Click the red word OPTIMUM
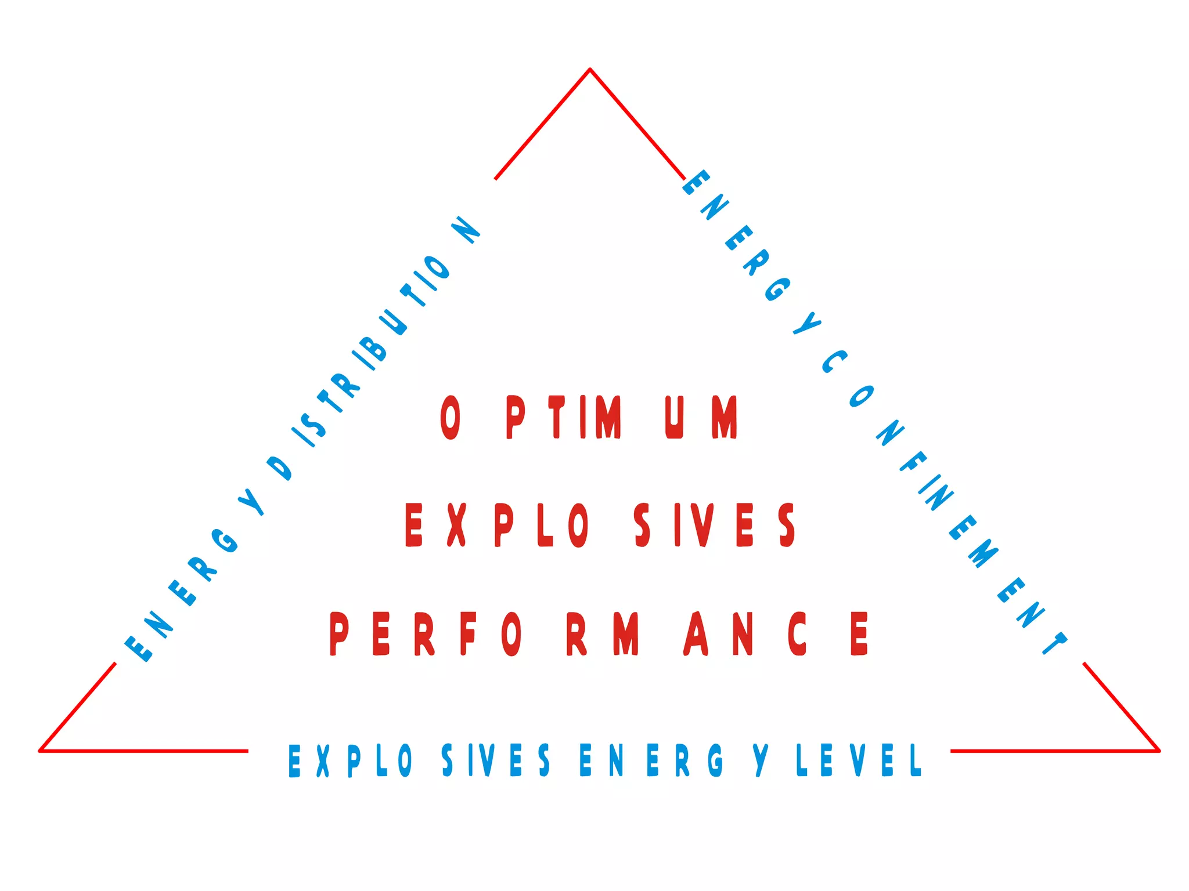pyautogui.click(x=589, y=417)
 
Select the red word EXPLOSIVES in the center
pyautogui.click(x=600, y=525)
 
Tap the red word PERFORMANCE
pyautogui.click(x=599, y=633)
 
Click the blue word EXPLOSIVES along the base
pyautogui.click(x=419, y=760)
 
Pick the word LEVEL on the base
pyautogui.click(x=859, y=760)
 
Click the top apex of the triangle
pyautogui.click(x=590, y=70)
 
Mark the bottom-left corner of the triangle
pyautogui.click(x=40, y=751)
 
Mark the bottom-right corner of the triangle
pyautogui.click(x=1159, y=751)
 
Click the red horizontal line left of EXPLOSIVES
pyautogui.click(x=145, y=751)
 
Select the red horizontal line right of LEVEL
pyautogui.click(x=1054, y=751)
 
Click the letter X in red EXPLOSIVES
pyautogui.click(x=457, y=525)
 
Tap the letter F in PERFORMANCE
pyautogui.click(x=468, y=633)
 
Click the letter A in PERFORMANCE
pyautogui.click(x=696, y=633)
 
